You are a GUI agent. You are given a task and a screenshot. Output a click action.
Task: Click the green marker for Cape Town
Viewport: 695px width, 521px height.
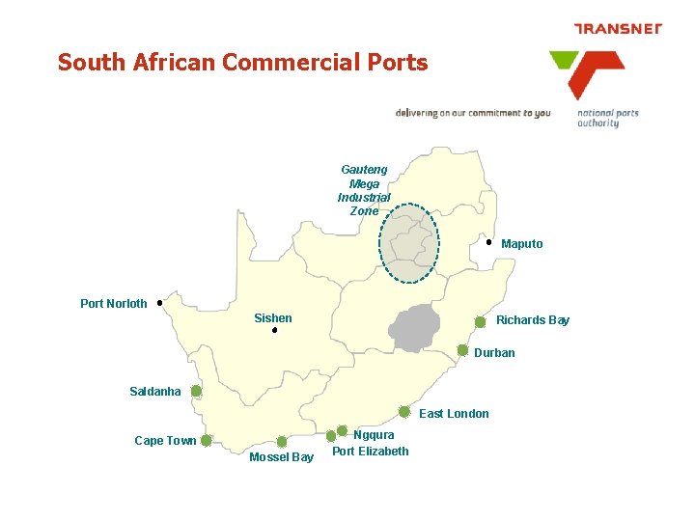[207, 440]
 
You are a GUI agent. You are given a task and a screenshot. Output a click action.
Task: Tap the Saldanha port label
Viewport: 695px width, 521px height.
[155, 392]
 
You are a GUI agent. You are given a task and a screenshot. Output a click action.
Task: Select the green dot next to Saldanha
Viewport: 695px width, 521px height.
[196, 392]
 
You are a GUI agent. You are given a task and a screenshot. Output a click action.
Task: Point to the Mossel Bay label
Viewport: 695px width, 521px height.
[281, 457]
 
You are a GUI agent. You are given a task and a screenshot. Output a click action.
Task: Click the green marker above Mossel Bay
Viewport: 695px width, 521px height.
[282, 441]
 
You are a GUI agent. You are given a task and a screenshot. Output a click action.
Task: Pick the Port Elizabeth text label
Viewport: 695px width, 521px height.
[371, 451]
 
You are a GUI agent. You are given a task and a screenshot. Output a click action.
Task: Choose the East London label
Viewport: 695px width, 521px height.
[454, 414]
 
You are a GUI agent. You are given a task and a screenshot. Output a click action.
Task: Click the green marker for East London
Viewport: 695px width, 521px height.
[404, 412]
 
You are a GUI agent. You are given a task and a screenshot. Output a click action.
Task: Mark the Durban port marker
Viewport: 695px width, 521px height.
[463, 350]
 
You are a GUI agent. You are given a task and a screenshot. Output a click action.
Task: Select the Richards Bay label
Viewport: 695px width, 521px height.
[533, 320]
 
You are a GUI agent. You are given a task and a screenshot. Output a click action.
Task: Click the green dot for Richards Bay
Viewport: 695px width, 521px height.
[481, 322]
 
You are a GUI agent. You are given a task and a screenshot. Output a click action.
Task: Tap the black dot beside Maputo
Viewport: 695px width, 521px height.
[489, 243]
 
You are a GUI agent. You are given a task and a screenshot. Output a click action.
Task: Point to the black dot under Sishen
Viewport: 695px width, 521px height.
[274, 331]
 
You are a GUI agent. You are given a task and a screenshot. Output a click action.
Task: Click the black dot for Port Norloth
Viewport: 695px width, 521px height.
[159, 302]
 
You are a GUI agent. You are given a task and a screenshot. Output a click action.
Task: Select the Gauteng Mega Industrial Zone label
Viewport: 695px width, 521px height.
[364, 190]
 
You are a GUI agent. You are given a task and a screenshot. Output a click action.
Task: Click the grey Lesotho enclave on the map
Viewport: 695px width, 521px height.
[416, 328]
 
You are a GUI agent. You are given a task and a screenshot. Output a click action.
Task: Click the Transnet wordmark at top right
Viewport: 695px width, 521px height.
[618, 29]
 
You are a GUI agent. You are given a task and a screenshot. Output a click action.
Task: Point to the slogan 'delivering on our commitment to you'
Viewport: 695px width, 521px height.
[473, 113]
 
